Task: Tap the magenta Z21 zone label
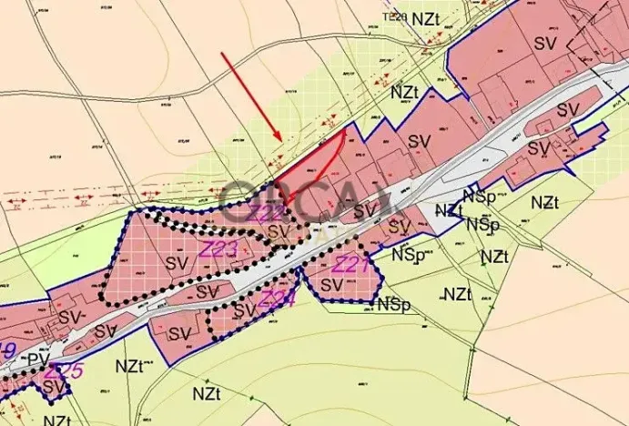coord(350,266)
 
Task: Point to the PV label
coord(37,358)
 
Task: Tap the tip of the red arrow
coord(279,139)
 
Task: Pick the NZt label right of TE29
coord(425,18)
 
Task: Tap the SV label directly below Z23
coord(178,263)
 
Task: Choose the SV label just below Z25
coord(55,388)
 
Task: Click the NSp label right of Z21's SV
coord(389,303)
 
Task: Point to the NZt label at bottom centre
coord(206,392)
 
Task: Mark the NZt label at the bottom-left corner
coord(57,421)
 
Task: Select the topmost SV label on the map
coord(543,43)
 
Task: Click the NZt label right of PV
coord(130,366)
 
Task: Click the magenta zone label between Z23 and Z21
coord(276,299)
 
